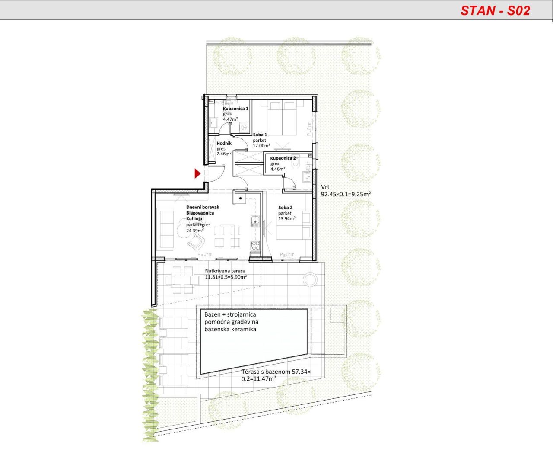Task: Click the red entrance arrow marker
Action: coord(197,174)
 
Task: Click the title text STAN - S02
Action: coord(495,10)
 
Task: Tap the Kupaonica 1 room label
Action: coord(235,109)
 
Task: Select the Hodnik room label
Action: coord(224,143)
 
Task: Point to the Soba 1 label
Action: coord(260,135)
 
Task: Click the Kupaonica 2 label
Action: coord(283,158)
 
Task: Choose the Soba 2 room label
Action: coord(285,208)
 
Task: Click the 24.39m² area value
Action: coord(194,231)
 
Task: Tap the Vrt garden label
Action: coord(325,187)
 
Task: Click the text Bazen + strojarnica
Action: coord(230,314)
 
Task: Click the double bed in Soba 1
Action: coord(283,117)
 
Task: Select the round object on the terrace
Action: coord(310,279)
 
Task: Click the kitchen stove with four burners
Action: coord(255,246)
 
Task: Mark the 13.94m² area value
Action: coord(286,219)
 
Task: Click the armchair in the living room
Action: coord(195,240)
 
